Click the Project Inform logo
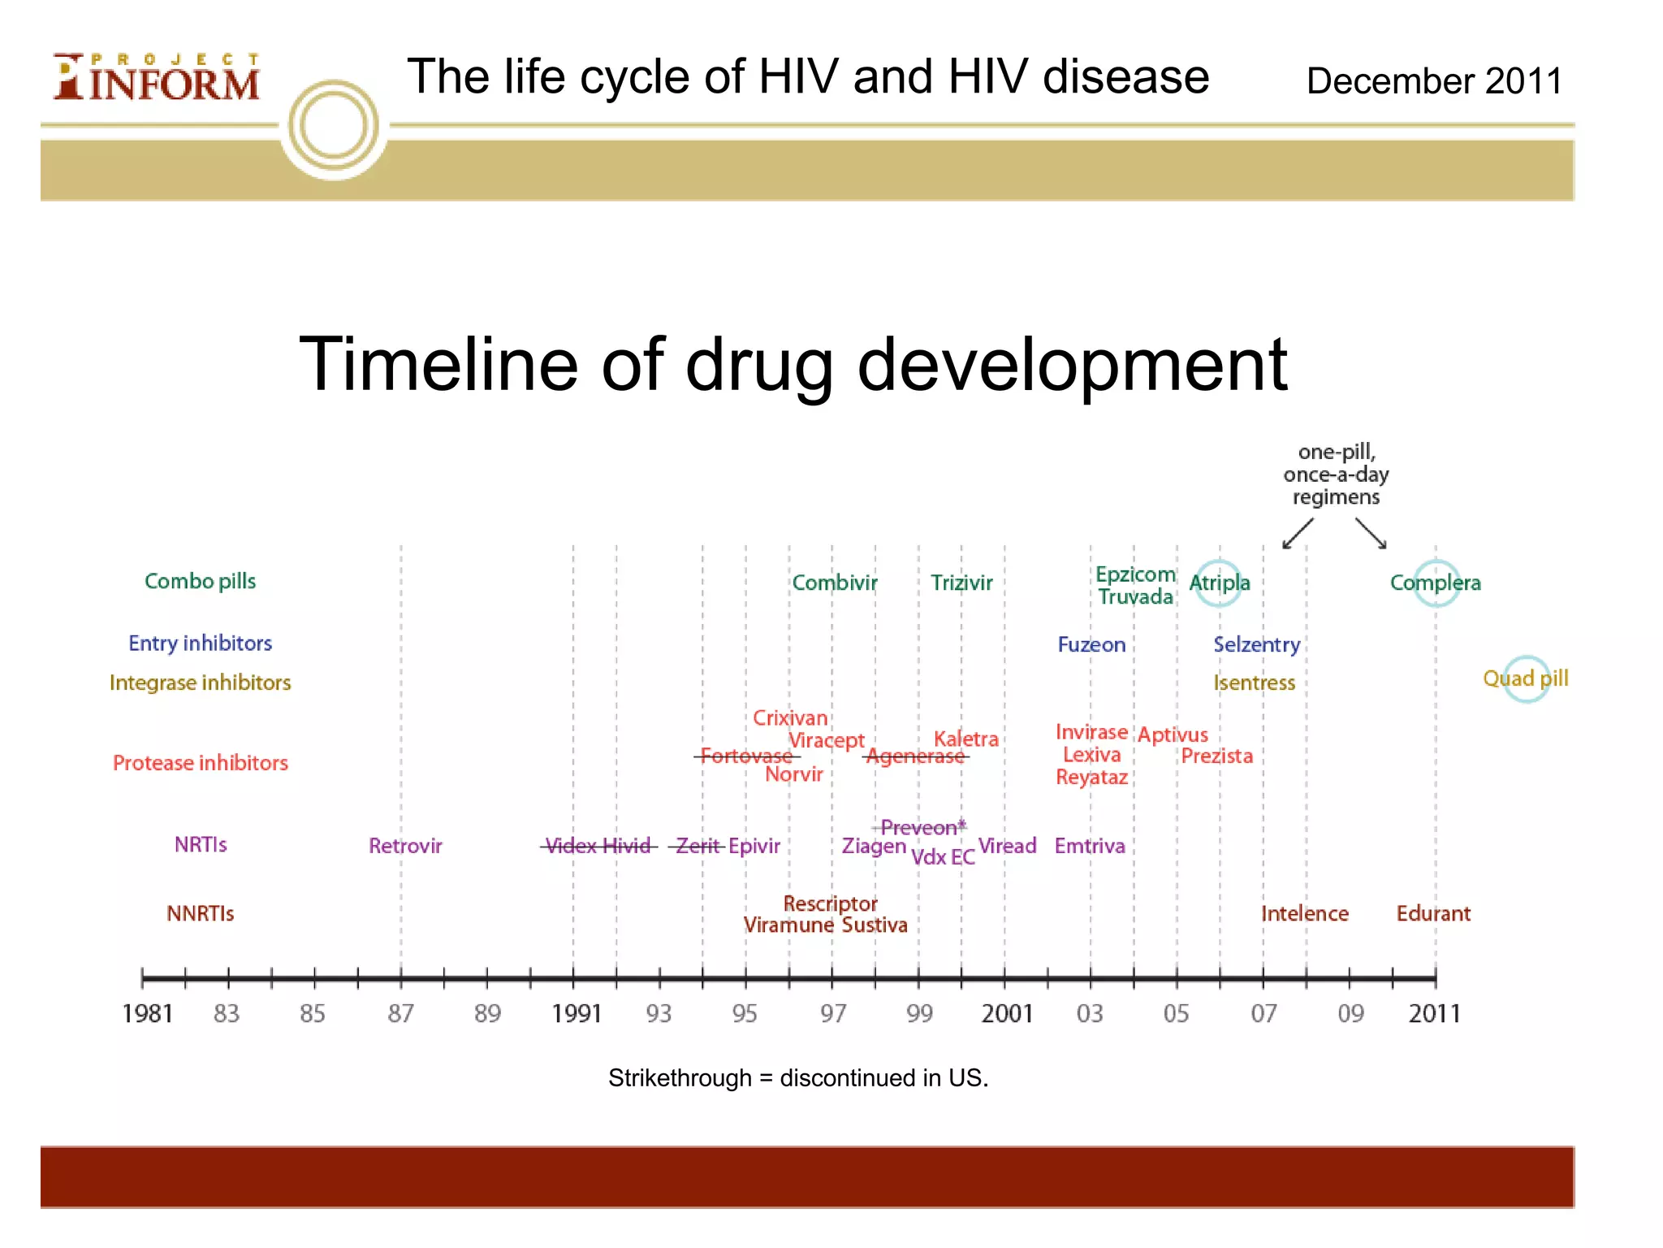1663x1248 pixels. point(156,77)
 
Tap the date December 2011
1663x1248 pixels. point(1434,81)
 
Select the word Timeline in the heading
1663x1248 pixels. point(438,365)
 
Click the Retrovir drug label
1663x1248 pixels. point(405,846)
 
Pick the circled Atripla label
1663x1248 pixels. point(1219,583)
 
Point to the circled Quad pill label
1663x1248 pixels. point(1526,678)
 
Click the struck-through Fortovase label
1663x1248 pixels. point(745,756)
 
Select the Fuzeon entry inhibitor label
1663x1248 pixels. point(1091,645)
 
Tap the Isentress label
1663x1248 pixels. point(1254,683)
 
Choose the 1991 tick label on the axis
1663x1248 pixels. point(576,1014)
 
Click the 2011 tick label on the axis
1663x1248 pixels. point(1434,1014)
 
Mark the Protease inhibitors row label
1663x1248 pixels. point(201,763)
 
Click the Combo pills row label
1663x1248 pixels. point(200,582)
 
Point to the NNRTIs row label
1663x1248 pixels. point(200,914)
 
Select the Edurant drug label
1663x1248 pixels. point(1433,914)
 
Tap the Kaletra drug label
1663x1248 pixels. point(965,739)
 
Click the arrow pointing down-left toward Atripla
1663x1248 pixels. point(1297,534)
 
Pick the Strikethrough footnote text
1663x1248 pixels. point(798,1078)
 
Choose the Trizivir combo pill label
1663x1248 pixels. point(961,583)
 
